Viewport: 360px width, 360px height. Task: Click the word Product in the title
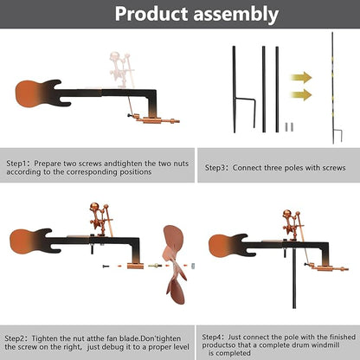[x=151, y=14]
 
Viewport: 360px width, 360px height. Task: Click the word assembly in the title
[x=236, y=15]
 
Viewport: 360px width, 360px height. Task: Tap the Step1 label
[x=16, y=164]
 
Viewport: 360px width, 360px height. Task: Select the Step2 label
[x=15, y=338]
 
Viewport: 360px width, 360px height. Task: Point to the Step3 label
[x=215, y=168]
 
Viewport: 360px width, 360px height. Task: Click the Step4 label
[x=213, y=337]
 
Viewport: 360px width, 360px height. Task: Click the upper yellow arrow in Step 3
[x=301, y=78]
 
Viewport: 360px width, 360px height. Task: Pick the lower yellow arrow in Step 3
[x=301, y=95]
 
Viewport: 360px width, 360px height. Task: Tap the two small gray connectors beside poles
[x=289, y=127]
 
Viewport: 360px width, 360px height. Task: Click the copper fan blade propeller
[x=174, y=264]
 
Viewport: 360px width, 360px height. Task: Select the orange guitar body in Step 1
[x=29, y=93]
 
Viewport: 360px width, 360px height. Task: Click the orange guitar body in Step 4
[x=222, y=246]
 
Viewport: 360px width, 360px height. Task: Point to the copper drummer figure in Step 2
[x=100, y=219]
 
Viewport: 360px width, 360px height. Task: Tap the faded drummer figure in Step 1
[x=122, y=70]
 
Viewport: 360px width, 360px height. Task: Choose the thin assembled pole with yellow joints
[x=333, y=88]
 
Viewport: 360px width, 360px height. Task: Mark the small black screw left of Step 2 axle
[x=106, y=266]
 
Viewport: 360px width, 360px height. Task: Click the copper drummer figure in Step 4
[x=293, y=226]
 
